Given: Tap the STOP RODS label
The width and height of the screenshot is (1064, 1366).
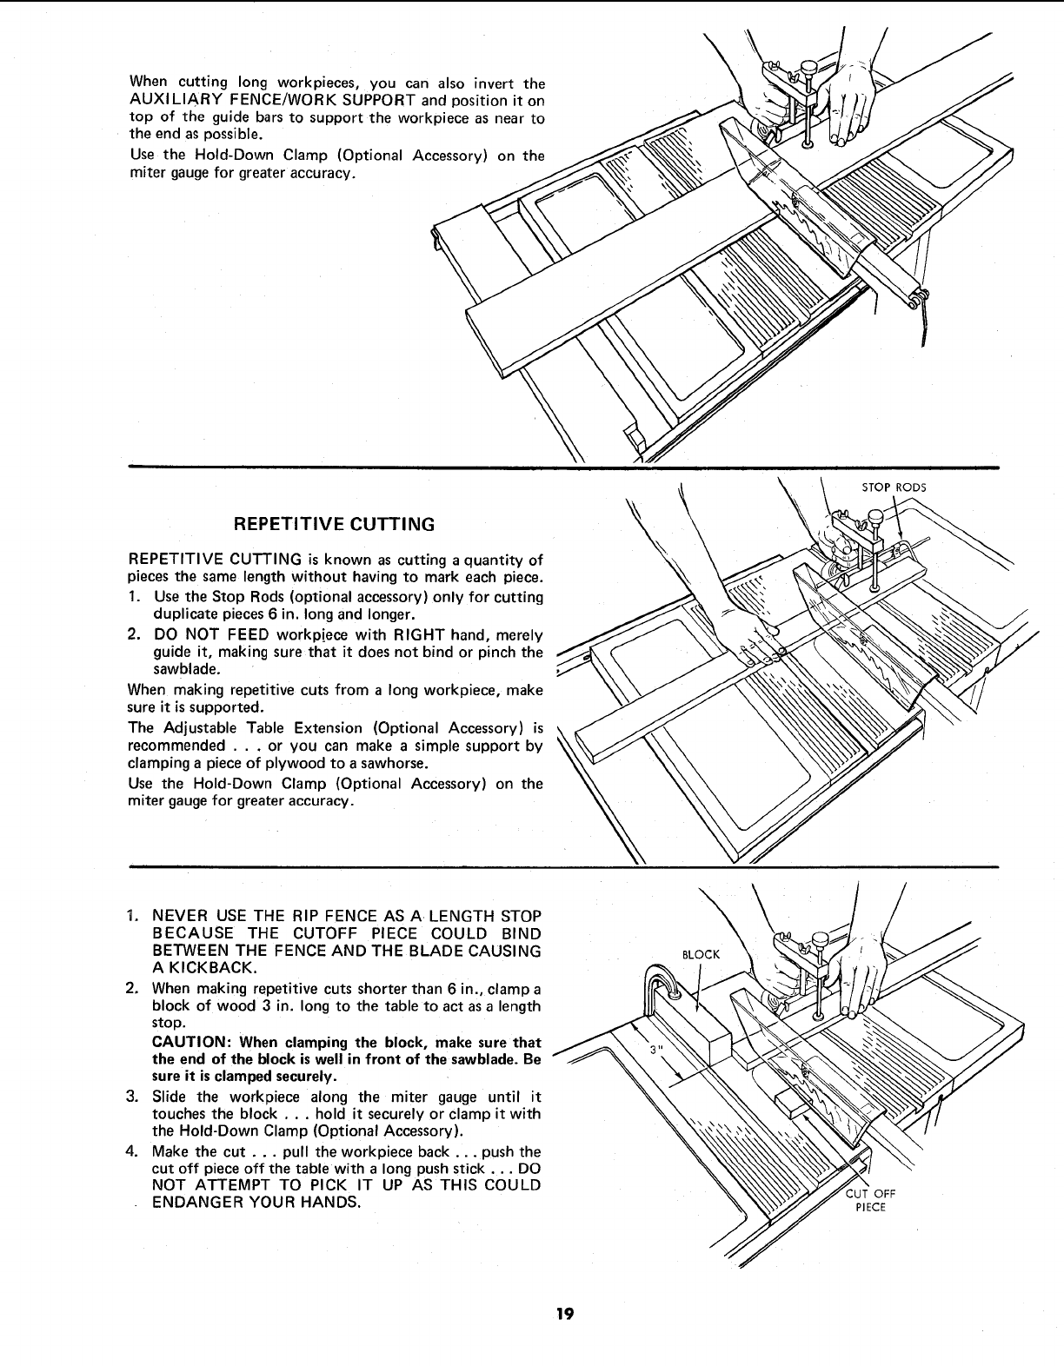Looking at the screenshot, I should click(x=894, y=487).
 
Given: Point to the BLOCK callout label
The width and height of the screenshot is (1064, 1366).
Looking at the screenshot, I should click(x=701, y=954).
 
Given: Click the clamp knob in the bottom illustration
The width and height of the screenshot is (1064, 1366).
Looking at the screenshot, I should click(x=818, y=939).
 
